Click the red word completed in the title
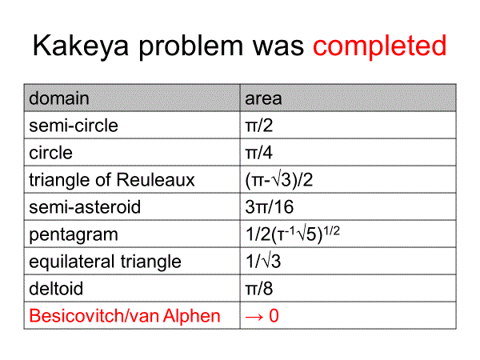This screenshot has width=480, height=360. [379, 46]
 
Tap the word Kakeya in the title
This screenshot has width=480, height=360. [81, 46]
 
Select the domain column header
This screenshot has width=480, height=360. [59, 98]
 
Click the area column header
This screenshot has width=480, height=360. [263, 98]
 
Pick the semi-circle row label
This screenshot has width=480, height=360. [74, 126]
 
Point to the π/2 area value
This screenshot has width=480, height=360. [259, 126]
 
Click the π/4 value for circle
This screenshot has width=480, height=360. [259, 153]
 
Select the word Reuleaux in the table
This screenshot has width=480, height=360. [155, 179]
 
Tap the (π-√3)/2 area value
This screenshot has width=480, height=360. [279, 180]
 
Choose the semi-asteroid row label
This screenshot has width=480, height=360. [85, 206]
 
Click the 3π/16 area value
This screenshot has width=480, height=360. [270, 206]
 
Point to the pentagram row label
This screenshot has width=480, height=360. [74, 234]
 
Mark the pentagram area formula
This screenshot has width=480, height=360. [293, 234]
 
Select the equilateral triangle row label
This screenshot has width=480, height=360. [105, 262]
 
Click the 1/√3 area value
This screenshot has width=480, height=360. [263, 262]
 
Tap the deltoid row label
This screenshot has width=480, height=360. [56, 288]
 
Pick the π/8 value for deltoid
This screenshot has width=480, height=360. [259, 288]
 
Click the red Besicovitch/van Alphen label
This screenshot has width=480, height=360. [125, 316]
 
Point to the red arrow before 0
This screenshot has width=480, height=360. [254, 317]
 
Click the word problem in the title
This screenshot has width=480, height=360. [191, 47]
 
